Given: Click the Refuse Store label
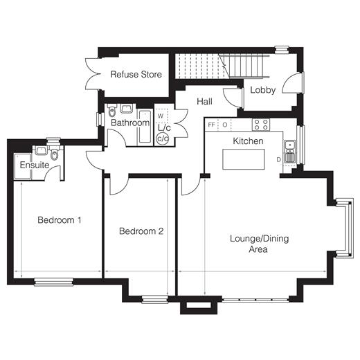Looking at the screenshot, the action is coord(136,74).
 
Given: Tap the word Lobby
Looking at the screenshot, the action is coord(263,90).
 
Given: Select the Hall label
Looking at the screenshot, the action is coord(204,101).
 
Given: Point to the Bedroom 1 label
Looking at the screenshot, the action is coord(60,220).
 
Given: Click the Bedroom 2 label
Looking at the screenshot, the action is coord(141,231).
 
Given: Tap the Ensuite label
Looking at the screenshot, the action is coord(35,165).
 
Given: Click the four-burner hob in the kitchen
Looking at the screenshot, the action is coord(261,125).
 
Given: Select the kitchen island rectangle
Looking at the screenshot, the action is coord(244,159).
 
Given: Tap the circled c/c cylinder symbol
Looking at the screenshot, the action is coord(163,138).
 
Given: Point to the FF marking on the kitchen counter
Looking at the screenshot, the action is coord(211,125).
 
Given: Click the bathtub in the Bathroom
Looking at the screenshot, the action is coord(145,127).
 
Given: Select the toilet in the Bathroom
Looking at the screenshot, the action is coord(112,110).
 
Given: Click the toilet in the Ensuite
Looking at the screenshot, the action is coord(55,152).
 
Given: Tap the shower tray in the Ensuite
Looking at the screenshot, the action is coord(23,166).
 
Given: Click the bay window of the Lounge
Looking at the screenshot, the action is coord(344,228).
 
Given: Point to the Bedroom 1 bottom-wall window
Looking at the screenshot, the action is coord(54,282).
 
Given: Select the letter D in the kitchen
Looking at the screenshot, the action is coord(279,159).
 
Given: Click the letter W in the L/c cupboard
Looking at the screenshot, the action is coord(161,116).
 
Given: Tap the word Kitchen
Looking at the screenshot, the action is coord(248,141).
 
